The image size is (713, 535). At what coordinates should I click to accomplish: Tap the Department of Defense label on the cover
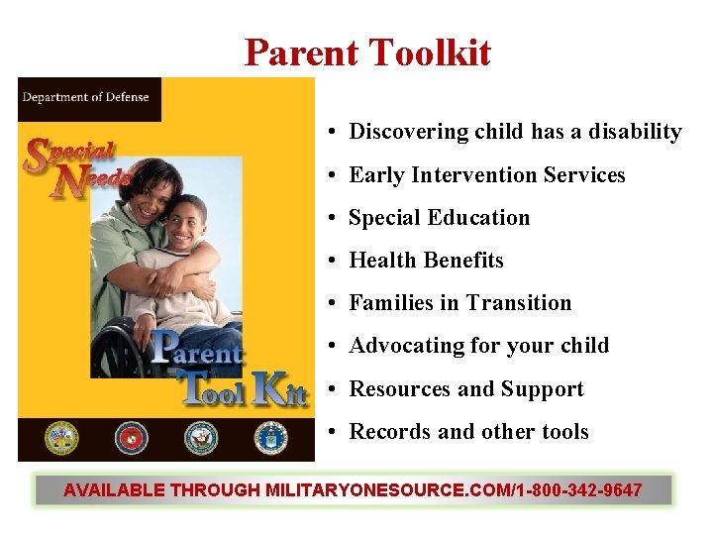coord(85,97)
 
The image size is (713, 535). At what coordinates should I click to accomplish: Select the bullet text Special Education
coord(440,218)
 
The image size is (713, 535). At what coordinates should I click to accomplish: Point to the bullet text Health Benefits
coord(426,261)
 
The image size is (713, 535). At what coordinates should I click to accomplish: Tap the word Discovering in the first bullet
coord(408,132)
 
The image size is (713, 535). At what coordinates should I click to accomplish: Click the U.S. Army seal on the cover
coord(61,438)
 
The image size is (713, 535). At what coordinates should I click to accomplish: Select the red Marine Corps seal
coord(131,438)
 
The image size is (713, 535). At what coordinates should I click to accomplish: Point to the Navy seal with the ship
coord(200,438)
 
